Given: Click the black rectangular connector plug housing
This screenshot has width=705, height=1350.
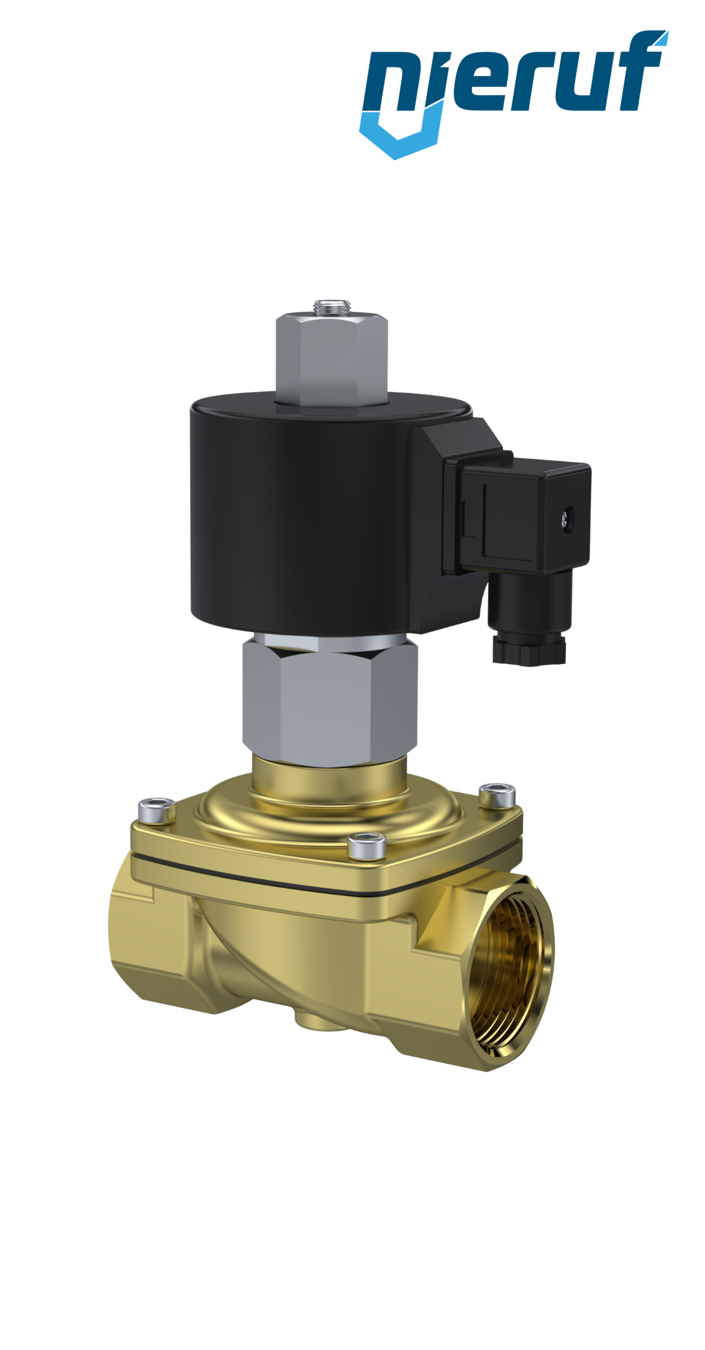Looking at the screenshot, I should [x=527, y=515].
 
